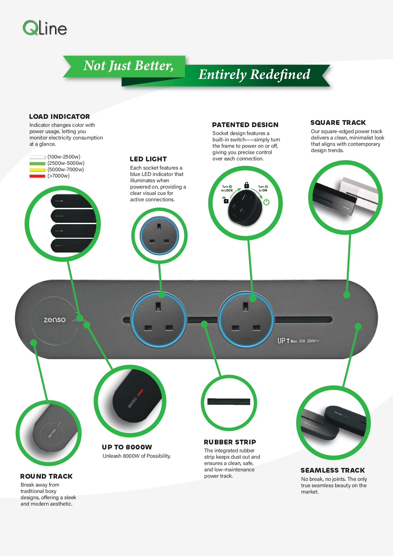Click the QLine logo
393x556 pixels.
45,28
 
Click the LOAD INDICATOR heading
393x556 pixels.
60,117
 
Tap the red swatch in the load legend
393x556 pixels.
37,176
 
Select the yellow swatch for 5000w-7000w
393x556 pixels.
37,170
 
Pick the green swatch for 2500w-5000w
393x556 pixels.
37,164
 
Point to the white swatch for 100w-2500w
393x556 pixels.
37,157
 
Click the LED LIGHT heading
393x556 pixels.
148,159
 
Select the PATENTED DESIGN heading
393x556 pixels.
245,125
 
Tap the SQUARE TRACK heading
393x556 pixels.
338,123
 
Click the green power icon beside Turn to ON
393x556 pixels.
266,202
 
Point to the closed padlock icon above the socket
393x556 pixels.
247,185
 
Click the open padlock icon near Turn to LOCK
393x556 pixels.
225,200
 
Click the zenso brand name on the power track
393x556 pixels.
55,320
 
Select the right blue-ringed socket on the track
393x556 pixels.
246,320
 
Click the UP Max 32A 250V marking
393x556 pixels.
298,341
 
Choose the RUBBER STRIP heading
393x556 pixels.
230,442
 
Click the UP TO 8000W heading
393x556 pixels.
127,447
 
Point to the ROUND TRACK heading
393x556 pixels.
47,476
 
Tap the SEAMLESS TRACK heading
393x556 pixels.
333,470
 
